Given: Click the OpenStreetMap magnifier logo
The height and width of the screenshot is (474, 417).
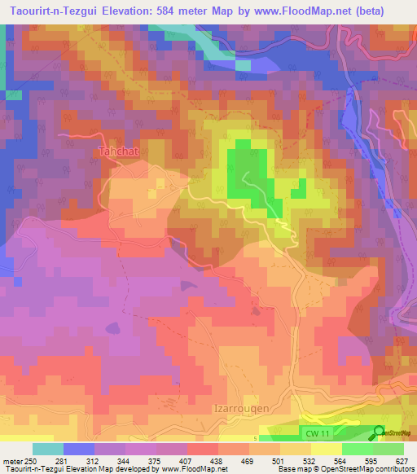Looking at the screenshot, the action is pos(380,432).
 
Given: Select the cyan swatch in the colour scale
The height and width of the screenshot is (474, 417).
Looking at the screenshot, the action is pos(47,449).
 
